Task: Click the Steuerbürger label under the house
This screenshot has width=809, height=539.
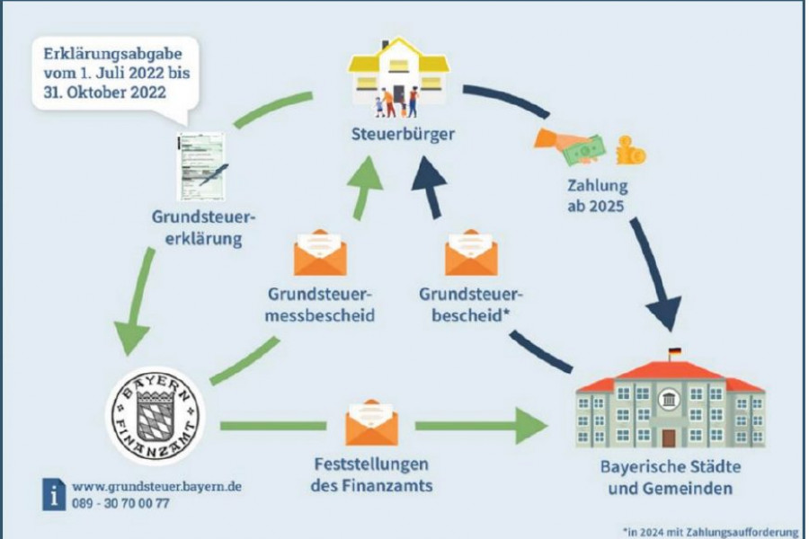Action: pos(403,134)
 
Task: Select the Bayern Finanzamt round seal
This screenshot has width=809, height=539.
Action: pos(156,416)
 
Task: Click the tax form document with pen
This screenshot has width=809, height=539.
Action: pos(201,166)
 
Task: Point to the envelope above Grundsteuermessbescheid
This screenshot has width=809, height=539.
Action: pos(320,252)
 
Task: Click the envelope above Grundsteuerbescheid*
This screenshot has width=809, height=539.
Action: pos(471,252)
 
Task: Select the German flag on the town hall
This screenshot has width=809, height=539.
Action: pos(675,352)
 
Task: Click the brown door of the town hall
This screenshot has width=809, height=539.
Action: pos(669,437)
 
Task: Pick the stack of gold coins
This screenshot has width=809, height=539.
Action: pos(630,151)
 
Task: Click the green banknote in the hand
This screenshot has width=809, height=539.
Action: pos(584,151)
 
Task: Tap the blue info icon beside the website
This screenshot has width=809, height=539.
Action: pos(54,494)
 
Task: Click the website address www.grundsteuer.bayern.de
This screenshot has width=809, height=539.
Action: pos(156,486)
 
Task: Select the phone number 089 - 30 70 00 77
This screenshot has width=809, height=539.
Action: pos(120,503)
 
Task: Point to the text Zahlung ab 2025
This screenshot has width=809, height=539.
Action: pos(597,196)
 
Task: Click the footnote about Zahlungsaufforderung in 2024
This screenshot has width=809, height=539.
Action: pos(711,532)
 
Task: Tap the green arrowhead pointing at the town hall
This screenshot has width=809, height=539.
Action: pos(531,426)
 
